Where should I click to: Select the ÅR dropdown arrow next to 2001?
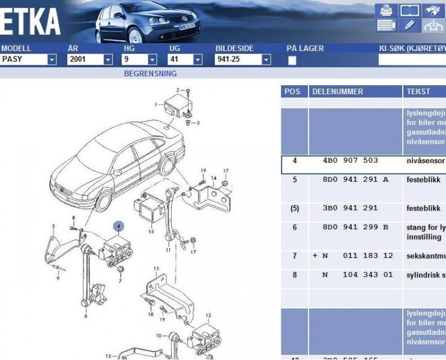coord(108,59)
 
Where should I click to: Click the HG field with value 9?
coord(135,59)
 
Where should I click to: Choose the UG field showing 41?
coord(180,59)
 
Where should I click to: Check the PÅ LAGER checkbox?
coord(292,60)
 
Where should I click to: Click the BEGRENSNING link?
coord(150,74)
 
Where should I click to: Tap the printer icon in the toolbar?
coord(387,10)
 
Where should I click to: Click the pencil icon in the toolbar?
coord(409,25)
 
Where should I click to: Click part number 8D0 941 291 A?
coord(355,179)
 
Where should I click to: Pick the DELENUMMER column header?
coord(337,91)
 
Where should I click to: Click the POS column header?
coord(292,91)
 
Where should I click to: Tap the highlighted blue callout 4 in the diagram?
coord(119,226)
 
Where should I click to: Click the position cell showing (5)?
coord(294,208)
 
